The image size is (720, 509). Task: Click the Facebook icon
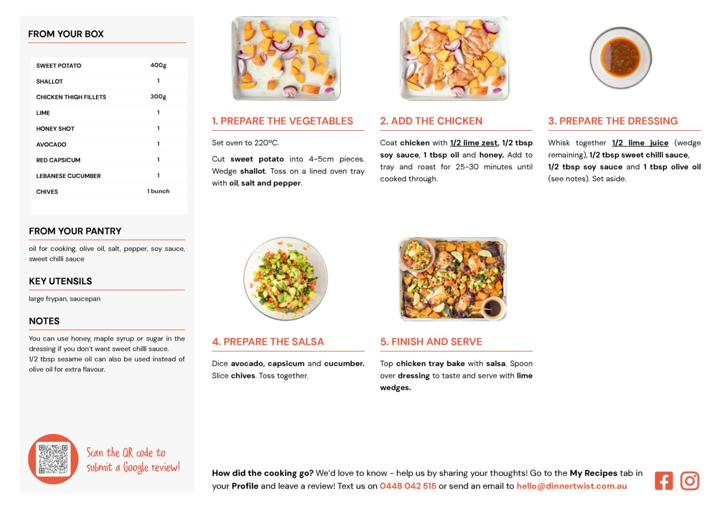[664, 481]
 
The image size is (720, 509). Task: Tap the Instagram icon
[690, 481]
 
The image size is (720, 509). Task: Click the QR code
[53, 459]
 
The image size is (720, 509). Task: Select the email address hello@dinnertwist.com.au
[572, 486]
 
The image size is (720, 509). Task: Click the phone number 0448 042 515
[408, 486]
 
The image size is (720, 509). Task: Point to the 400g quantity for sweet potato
[158, 65]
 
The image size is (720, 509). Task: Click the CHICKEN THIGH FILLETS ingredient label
[71, 97]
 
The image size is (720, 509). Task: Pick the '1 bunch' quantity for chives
[158, 191]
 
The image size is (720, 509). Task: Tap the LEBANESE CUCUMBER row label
[68, 176]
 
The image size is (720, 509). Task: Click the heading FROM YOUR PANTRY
[75, 231]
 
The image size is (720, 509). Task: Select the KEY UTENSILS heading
[61, 281]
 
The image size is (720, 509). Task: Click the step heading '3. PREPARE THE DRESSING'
[613, 121]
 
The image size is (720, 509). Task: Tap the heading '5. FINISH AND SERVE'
[431, 342]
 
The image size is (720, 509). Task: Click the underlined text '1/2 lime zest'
[474, 143]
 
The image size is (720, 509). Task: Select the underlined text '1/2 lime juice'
[640, 143]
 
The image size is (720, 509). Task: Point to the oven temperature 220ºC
[266, 143]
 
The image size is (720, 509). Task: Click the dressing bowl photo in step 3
[620, 58]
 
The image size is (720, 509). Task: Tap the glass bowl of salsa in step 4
[285, 279]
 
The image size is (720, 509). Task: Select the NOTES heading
[44, 321]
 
